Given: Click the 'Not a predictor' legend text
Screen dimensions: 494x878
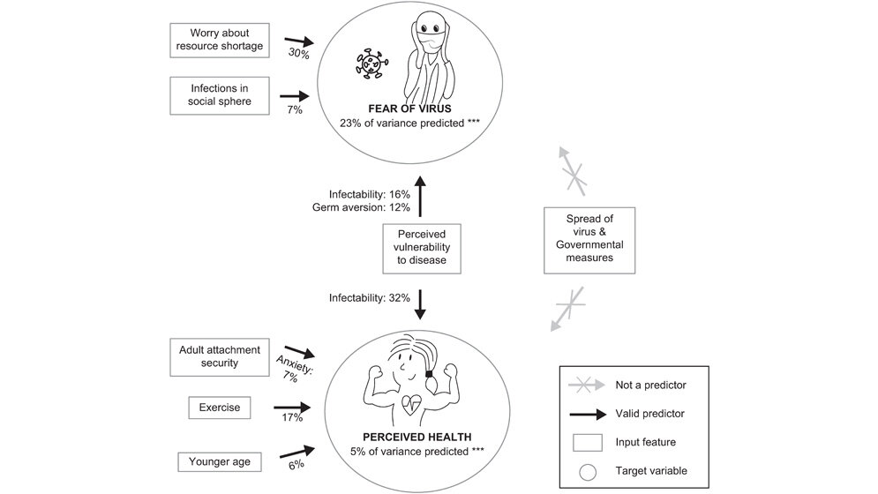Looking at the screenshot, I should click(x=649, y=385).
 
